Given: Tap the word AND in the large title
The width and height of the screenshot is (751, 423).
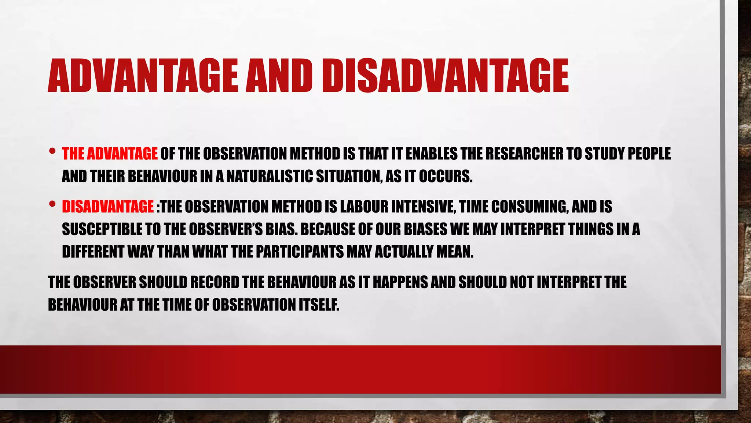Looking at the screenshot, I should click(x=279, y=76).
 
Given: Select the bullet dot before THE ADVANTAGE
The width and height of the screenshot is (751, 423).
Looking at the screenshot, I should click(x=52, y=151).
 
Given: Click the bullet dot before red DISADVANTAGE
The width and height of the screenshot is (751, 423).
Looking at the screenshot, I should click(x=52, y=203).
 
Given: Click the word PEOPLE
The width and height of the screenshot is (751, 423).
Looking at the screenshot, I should click(x=649, y=154).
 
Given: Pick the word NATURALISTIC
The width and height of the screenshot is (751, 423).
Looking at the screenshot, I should click(x=270, y=177).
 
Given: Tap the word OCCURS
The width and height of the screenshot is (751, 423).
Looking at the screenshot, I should click(x=445, y=177).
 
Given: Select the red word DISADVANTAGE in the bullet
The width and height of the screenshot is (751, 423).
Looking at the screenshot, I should click(x=108, y=207).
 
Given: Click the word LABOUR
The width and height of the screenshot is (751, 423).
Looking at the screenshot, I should click(x=364, y=207).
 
